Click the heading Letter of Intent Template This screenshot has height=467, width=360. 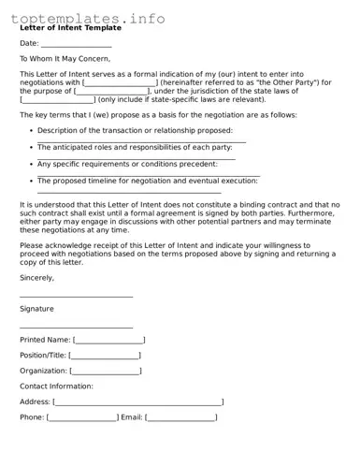click(x=70, y=28)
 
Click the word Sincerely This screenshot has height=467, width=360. click(x=37, y=278)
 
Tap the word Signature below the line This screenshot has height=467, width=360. click(x=36, y=309)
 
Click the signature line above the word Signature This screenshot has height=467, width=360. click(x=76, y=297)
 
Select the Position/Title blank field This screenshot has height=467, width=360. click(x=105, y=356)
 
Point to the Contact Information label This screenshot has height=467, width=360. click(x=56, y=386)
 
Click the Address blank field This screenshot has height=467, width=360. click(x=138, y=401)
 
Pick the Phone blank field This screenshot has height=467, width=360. click(x=82, y=417)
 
